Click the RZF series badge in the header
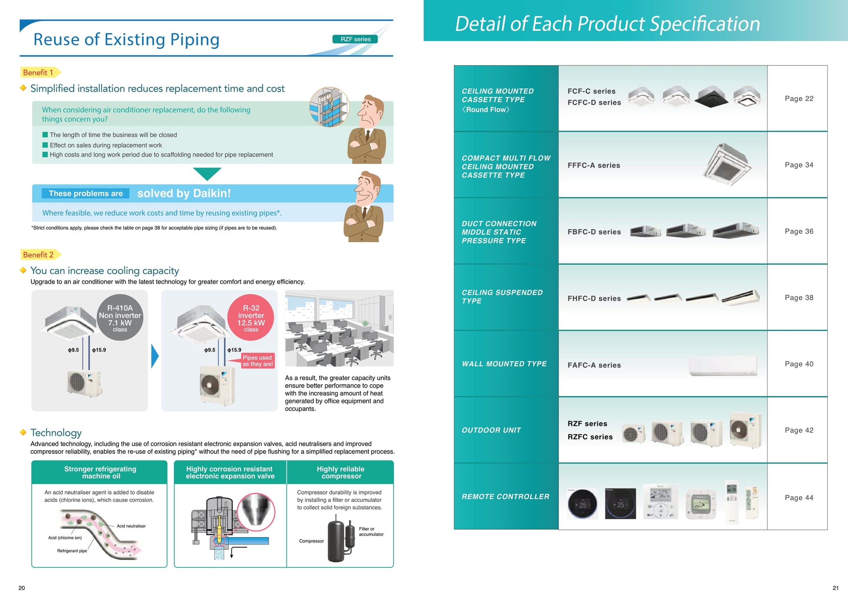(355, 39)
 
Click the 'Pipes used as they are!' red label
(258, 361)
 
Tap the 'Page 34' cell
(799, 165)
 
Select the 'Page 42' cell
(799, 430)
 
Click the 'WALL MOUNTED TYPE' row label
(504, 364)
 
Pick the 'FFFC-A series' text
(594, 165)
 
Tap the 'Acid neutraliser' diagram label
(131, 526)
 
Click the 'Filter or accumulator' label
(371, 532)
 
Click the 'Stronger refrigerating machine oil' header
(100, 472)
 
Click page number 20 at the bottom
(22, 588)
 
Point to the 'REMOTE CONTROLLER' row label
(505, 497)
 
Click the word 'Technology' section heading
(56, 433)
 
